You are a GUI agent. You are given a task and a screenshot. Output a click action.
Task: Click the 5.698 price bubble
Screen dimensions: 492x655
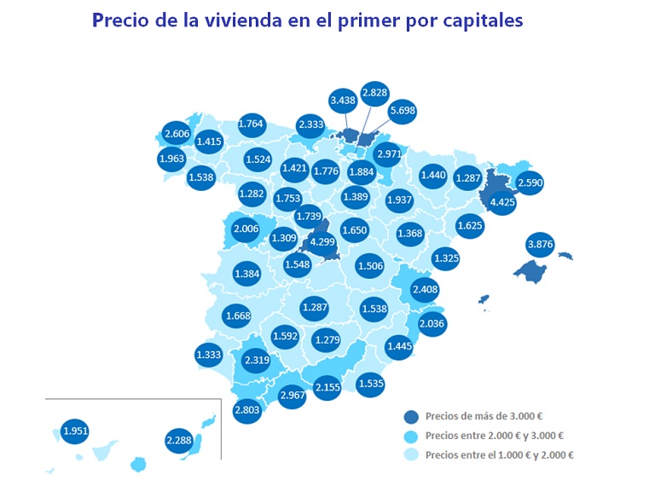pos(402,110)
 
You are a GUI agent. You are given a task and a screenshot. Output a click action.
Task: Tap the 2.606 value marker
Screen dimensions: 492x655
pos(177,134)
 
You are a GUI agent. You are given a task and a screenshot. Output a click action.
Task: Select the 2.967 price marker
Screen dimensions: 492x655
pos(293,395)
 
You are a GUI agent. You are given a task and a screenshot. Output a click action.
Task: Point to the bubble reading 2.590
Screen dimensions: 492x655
pos(530,183)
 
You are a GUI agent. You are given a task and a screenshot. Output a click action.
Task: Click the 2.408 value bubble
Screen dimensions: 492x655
pos(425,289)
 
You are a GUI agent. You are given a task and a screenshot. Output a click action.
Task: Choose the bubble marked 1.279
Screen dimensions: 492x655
pos(327,341)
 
